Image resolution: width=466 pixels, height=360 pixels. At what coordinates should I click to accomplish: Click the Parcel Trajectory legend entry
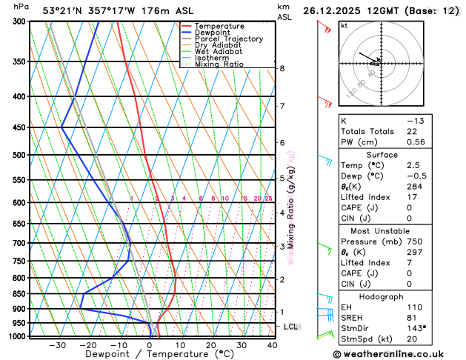pos(228,39)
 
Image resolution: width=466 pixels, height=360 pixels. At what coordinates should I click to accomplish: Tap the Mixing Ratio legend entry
pos(219,64)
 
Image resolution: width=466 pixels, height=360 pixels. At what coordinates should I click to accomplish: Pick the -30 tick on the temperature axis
pos(58,345)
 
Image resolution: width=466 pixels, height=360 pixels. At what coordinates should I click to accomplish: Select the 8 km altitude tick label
pos(282,68)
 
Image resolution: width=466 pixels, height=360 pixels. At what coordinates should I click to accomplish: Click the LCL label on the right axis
pos(291,327)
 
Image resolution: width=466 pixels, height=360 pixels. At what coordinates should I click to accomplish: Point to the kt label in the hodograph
pos(344,25)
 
